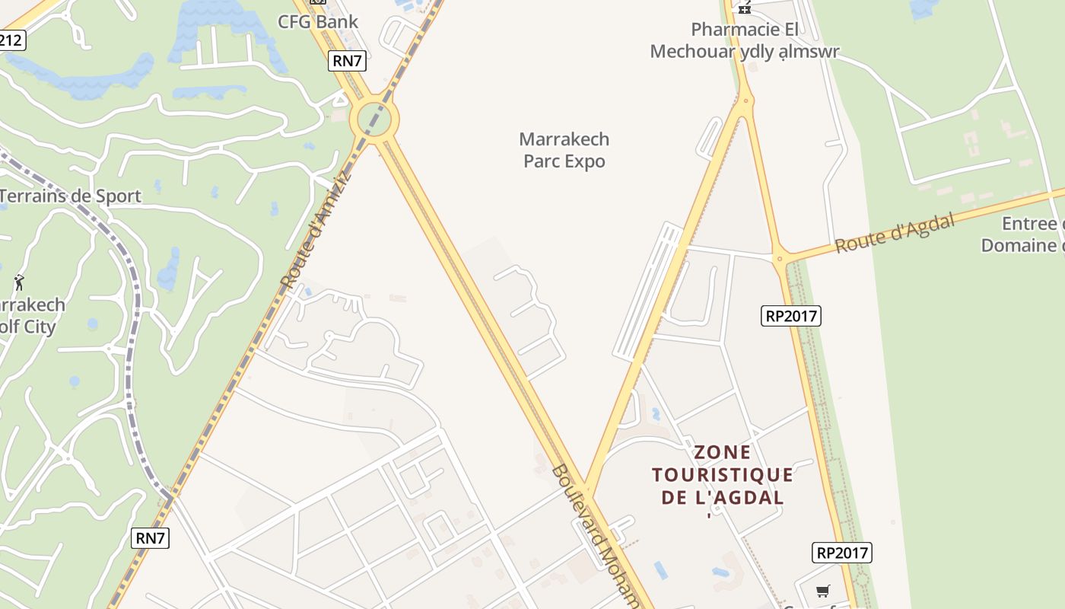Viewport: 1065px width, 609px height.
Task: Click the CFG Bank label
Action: [x=318, y=21]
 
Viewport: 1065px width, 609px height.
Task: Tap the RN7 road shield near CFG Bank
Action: [x=347, y=61]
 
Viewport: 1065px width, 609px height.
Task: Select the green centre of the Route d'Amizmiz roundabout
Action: [x=374, y=119]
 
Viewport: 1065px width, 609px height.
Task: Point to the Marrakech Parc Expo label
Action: [x=564, y=150]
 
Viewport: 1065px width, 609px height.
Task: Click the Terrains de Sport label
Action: [x=70, y=196]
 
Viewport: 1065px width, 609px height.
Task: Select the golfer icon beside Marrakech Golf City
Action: [x=19, y=282]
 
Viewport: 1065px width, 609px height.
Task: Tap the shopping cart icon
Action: [x=822, y=591]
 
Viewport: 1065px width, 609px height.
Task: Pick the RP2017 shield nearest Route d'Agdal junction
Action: [x=791, y=315]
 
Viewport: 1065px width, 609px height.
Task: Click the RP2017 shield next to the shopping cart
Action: [x=841, y=553]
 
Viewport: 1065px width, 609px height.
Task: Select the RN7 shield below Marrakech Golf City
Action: [x=150, y=537]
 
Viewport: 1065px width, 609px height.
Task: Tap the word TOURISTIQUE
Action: [x=723, y=476]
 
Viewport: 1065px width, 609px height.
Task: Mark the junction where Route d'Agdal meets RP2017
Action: [x=779, y=259]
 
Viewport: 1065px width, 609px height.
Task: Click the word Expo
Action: [x=586, y=161]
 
